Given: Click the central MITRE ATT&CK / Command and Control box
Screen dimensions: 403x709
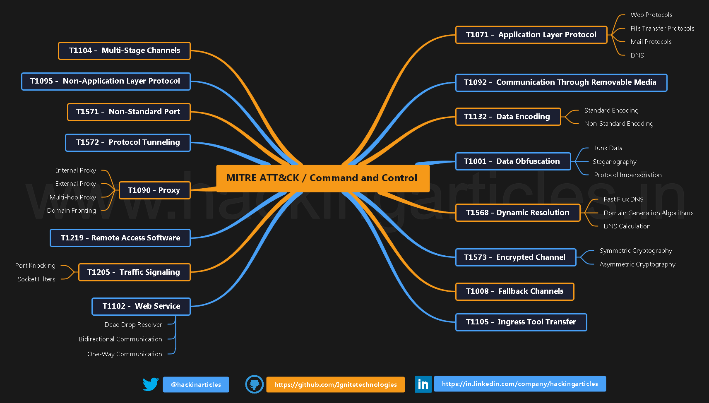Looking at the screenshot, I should (322, 178).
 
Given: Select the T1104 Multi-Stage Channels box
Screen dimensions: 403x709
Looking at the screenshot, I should (124, 50).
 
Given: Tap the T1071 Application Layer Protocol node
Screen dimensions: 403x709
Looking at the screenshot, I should (531, 35).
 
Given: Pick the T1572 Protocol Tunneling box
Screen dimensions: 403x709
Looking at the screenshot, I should (127, 142).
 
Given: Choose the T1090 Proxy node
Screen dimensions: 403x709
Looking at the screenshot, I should (154, 190).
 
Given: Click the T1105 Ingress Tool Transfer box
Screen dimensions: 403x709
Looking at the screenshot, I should (521, 322).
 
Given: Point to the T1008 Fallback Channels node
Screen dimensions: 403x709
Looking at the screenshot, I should (514, 291).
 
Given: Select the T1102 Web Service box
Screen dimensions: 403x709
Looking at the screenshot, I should (141, 306).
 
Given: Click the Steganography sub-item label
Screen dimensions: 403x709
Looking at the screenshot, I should (614, 162).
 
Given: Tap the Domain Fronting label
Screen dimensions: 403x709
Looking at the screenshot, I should (72, 211).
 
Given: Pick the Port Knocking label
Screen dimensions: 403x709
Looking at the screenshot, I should (35, 266).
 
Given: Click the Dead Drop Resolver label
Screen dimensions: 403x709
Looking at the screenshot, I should (133, 325).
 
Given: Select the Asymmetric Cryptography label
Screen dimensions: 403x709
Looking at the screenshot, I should (637, 264).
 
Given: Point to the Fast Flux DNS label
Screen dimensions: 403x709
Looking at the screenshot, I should (623, 199).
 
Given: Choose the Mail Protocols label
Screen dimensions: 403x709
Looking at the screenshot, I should (651, 42).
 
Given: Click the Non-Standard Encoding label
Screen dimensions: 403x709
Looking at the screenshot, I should (618, 124).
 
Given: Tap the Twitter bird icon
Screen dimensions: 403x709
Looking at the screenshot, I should (151, 384).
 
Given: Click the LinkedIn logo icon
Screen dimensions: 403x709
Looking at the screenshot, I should (423, 384).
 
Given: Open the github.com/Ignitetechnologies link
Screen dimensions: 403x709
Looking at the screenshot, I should (335, 384).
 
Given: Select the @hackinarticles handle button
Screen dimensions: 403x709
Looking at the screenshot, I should (196, 384).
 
